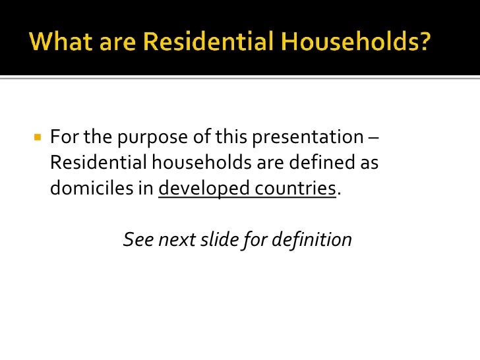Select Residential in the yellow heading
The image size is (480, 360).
click(187, 43)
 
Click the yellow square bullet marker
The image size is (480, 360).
click(38, 138)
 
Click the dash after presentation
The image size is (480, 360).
click(374, 138)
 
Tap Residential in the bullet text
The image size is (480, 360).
click(94, 163)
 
